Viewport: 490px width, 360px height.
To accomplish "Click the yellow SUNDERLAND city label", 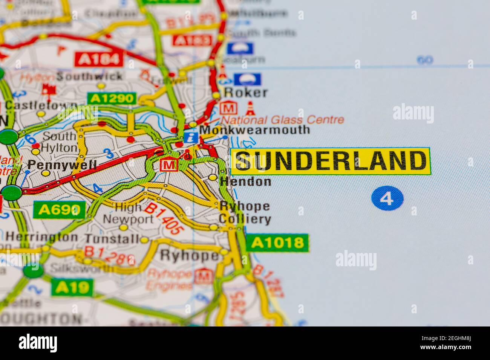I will click(330, 161).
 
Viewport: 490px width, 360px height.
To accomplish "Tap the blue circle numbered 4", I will click(387, 198).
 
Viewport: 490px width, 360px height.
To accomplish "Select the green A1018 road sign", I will click(277, 243).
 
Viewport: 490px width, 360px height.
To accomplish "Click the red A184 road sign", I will click(99, 59).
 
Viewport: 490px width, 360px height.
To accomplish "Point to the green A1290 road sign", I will click(112, 99).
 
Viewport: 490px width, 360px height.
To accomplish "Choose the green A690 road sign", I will click(59, 210).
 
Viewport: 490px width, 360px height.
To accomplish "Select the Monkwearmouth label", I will click(254, 130).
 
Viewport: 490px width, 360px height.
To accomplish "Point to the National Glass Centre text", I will click(282, 120).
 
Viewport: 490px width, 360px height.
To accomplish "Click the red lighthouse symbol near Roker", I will click(250, 108).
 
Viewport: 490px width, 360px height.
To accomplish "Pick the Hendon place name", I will click(245, 182).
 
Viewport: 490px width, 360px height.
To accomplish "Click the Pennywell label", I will click(62, 165).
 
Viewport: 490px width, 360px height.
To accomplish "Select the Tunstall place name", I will click(112, 239).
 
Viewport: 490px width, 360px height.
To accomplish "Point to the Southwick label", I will click(89, 76).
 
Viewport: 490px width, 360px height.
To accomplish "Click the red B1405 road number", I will click(163, 219).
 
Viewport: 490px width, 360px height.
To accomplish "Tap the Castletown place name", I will click(41, 105).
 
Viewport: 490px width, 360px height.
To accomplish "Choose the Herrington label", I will click(42, 237).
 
